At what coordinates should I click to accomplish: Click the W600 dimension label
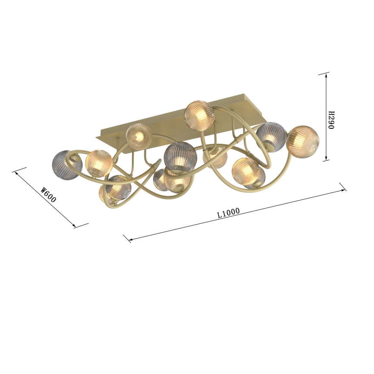pyautogui.click(x=48, y=195)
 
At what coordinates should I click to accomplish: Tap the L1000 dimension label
pyautogui.click(x=229, y=213)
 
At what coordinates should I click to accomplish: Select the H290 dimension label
pyautogui.click(x=331, y=120)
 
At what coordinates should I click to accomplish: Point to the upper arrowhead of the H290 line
pyautogui.click(x=326, y=75)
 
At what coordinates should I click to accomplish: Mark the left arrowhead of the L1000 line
pyautogui.click(x=130, y=239)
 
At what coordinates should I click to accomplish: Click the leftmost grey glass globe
pyautogui.click(x=67, y=165)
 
